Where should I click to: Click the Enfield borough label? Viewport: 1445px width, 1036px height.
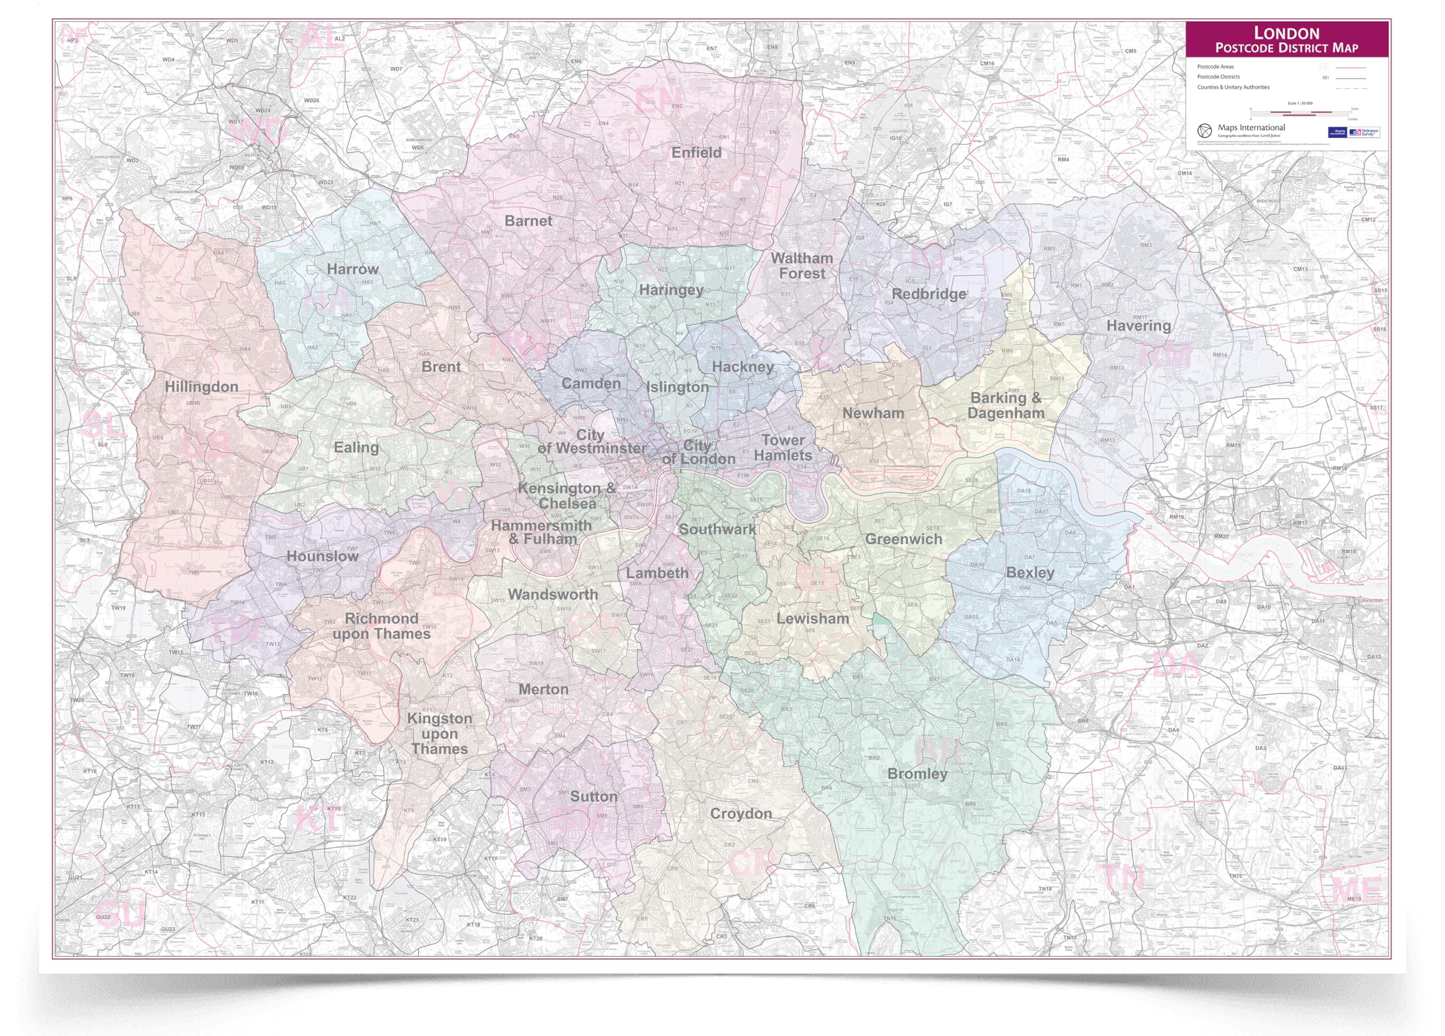click(697, 153)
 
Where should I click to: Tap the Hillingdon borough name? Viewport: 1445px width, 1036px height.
click(202, 386)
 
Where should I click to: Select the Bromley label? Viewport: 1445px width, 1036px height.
click(917, 773)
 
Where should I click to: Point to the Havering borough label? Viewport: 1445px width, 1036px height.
click(1138, 326)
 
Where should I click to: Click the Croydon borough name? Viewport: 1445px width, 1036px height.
click(741, 813)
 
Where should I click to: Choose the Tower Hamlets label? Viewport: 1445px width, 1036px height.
click(783, 447)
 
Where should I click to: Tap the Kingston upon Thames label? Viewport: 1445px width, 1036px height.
click(440, 733)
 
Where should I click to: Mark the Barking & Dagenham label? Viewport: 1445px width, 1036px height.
click(1005, 406)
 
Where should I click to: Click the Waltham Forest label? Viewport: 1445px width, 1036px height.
click(802, 266)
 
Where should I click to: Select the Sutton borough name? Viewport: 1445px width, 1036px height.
click(593, 796)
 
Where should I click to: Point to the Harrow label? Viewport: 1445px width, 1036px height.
click(352, 269)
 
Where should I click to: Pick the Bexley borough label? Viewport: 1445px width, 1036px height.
click(1030, 572)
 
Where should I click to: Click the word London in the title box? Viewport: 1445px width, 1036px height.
click(1286, 33)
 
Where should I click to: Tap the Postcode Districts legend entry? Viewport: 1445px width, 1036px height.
click(1218, 76)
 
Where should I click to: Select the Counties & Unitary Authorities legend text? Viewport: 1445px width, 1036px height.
click(1233, 88)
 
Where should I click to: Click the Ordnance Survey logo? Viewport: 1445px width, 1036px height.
click(1364, 132)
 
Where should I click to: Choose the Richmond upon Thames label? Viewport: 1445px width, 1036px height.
click(381, 626)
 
